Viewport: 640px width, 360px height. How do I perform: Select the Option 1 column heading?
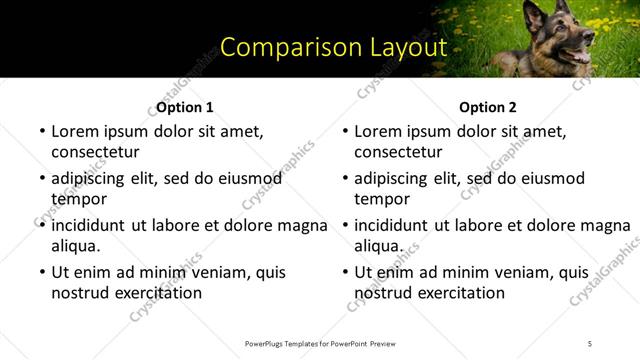pyautogui.click(x=185, y=107)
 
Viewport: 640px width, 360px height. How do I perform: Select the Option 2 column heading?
pyautogui.click(x=488, y=107)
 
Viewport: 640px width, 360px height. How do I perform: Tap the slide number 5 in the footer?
pyautogui.click(x=589, y=343)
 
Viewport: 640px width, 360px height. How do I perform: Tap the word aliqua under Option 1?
pyautogui.click(x=76, y=245)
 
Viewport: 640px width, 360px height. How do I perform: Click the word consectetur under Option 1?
pyautogui.click(x=95, y=152)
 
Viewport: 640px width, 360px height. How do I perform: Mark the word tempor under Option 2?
pyautogui.click(x=382, y=198)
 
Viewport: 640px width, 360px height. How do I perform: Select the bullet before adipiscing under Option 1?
pyautogui.click(x=41, y=179)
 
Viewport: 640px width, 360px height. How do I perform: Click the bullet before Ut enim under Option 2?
pyautogui.click(x=344, y=272)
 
